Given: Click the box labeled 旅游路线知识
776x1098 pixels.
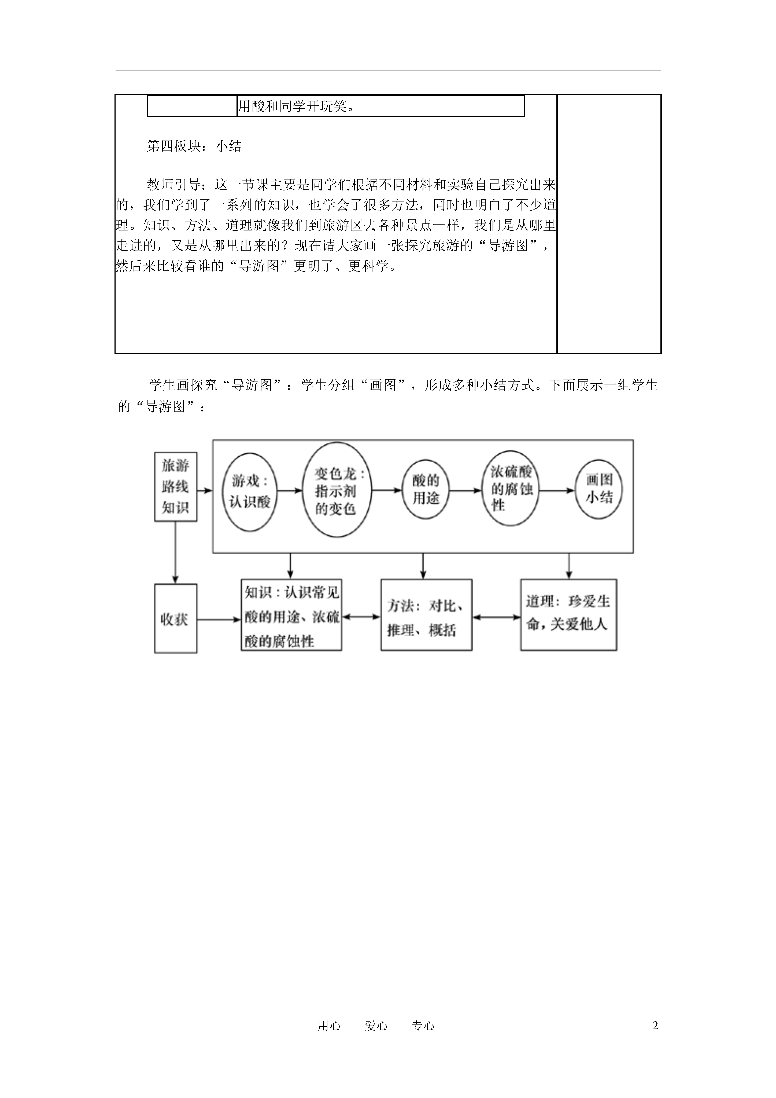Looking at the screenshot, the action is tap(175, 487).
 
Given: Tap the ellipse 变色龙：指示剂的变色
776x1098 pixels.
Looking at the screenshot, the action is tap(337, 489).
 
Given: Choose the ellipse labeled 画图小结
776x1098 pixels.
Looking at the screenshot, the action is tap(598, 489).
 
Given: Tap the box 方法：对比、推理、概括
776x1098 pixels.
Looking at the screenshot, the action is tap(427, 615).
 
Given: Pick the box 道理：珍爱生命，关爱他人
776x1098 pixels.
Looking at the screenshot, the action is tap(568, 615).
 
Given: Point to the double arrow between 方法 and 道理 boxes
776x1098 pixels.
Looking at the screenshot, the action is tap(496, 617).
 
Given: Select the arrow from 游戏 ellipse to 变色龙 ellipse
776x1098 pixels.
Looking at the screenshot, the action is tap(290, 490).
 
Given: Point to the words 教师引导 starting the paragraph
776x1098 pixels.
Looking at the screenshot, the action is tap(173, 185).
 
